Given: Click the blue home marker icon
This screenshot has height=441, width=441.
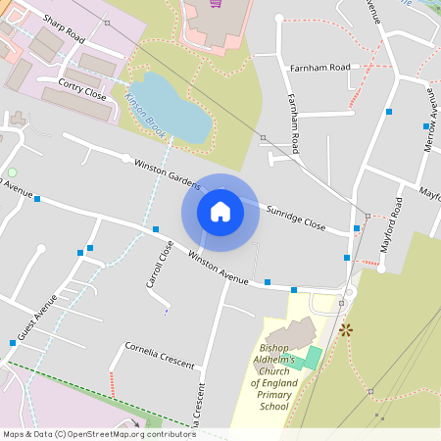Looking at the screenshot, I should click(220, 212).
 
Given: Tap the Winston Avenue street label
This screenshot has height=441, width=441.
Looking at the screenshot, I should click(218, 268).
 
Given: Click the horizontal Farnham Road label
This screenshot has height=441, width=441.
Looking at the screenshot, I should click(319, 68).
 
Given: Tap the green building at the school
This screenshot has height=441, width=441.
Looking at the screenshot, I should click(311, 356).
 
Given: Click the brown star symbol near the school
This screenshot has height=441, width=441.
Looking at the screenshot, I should click(345, 330).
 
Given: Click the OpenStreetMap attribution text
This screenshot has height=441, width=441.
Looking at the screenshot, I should click(98, 433).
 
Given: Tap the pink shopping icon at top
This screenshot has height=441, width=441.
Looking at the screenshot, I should click(216, 3).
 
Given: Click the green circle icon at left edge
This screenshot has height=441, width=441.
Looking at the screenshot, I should click(12, 172).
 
